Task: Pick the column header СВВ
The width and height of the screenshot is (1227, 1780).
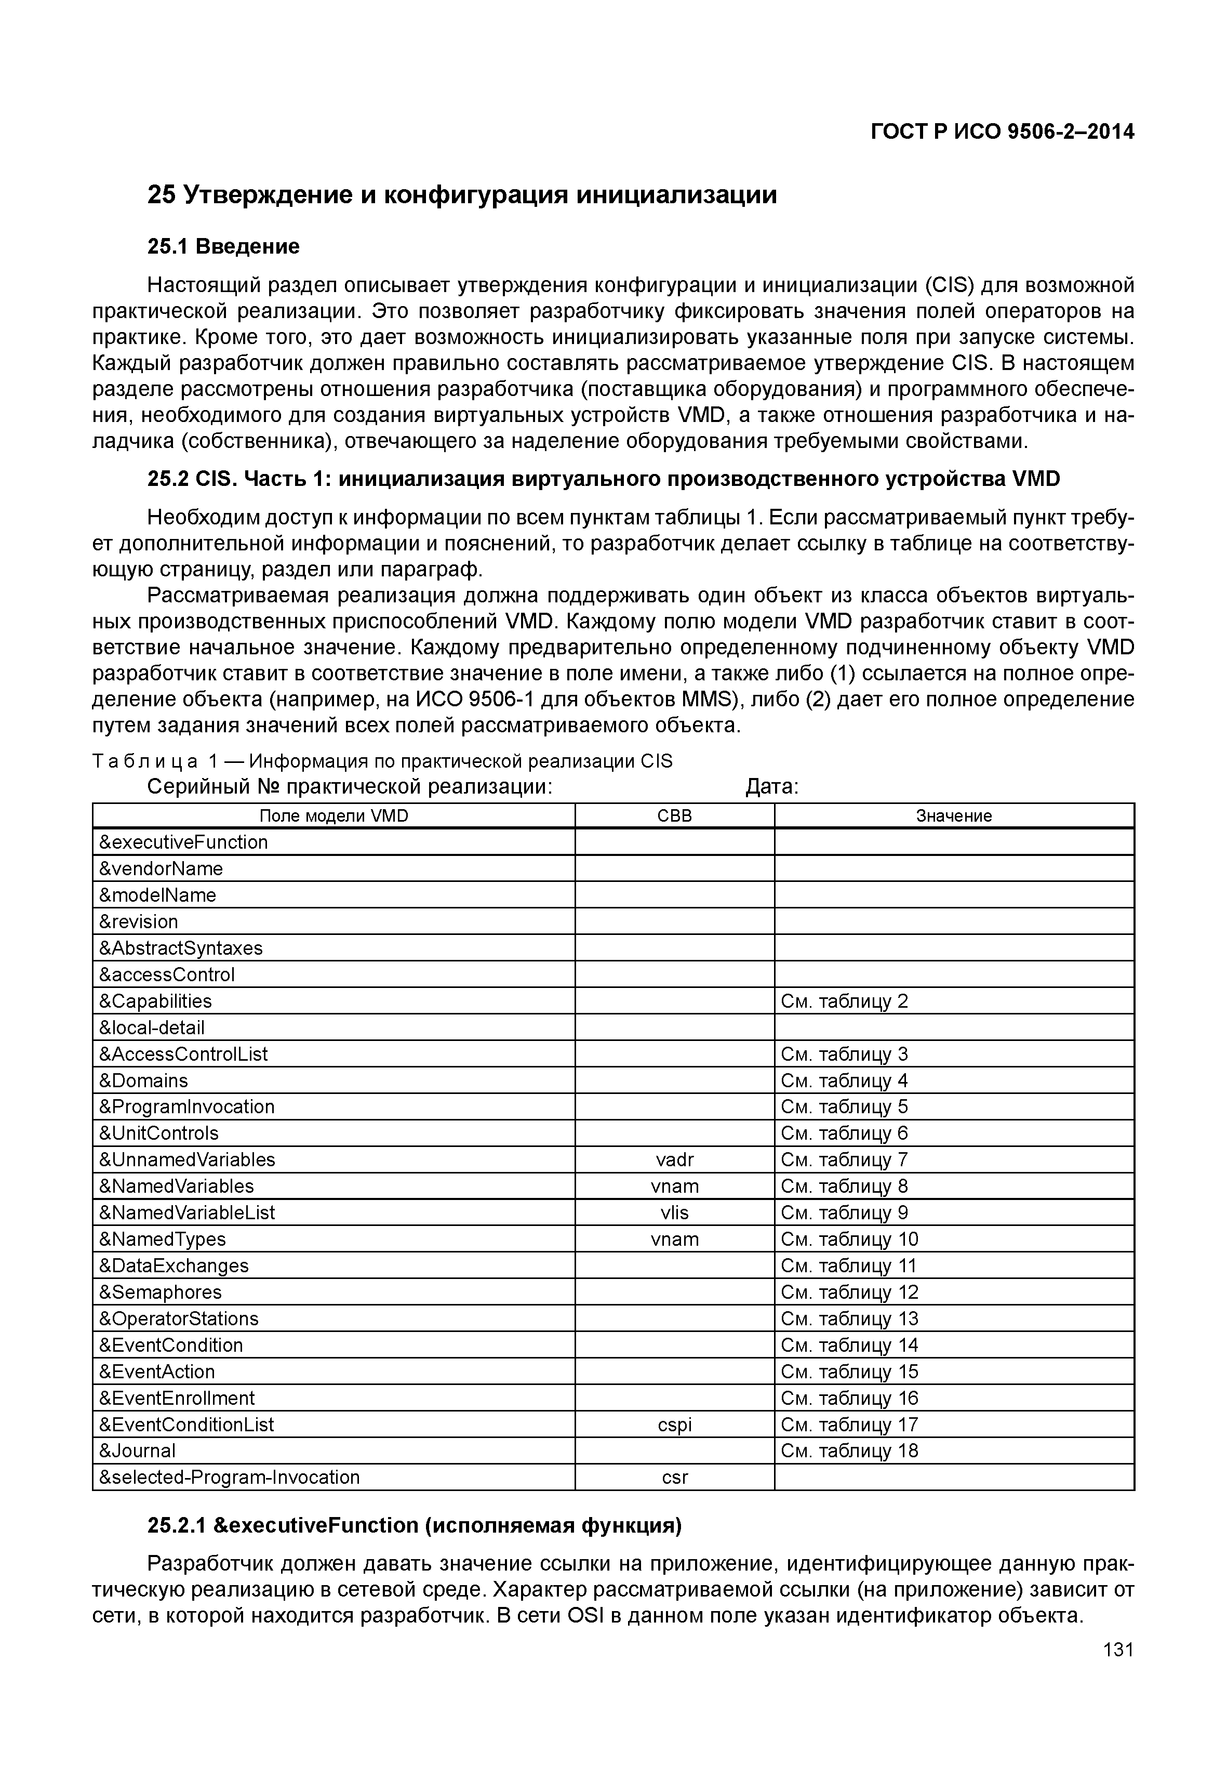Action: point(674,816)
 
